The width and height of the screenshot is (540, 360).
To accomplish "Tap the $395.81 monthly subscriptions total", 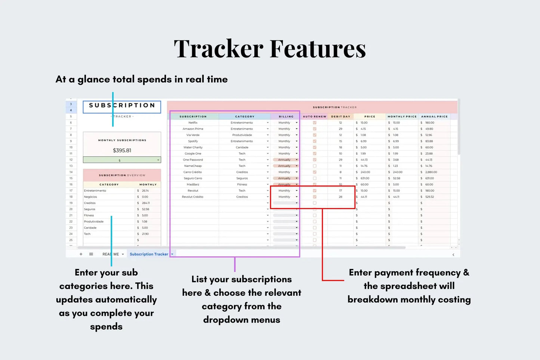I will coord(122,150).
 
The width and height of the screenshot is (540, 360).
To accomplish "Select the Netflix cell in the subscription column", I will coord(193,122).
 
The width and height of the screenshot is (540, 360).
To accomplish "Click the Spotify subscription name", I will coord(193,141).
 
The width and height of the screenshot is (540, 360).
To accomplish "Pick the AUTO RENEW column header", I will coord(314,117).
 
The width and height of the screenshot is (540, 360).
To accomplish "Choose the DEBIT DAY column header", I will coord(340,117).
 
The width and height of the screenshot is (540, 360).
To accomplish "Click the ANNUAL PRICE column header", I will coord(434,117).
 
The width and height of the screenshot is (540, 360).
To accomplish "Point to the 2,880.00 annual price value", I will coord(431,172).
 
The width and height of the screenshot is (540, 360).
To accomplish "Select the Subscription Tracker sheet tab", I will coord(149,254).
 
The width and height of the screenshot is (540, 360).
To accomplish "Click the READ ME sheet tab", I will coord(111,254).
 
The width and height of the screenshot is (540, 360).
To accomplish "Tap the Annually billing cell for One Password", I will coord(284,160).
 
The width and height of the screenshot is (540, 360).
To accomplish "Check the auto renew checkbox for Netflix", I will coord(315,122).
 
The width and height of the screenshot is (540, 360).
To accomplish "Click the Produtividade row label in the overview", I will coord(94,221).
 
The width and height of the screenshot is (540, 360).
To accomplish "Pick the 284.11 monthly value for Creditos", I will coord(146,203).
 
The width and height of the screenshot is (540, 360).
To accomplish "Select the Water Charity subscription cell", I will coord(193,148).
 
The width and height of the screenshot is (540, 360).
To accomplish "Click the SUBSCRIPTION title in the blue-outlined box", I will coord(122,106).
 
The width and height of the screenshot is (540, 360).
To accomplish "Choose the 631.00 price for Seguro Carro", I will coord(365,178).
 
